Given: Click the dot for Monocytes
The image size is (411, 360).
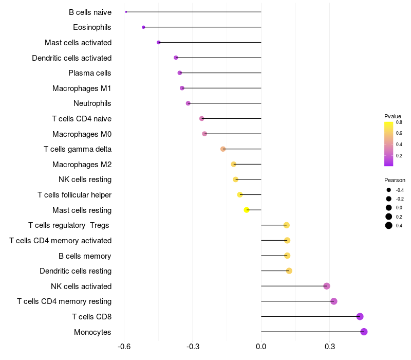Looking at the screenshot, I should pos(364,332).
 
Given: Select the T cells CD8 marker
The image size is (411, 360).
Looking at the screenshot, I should pos(360,316).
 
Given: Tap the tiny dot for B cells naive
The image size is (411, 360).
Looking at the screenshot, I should pos(126,12).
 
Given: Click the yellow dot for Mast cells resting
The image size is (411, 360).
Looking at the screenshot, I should pos(247,210).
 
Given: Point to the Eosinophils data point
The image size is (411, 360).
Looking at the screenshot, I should pos(143,27).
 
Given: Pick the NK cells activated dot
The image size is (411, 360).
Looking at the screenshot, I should pos(327,286).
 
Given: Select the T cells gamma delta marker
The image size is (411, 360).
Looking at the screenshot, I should pos(223,149).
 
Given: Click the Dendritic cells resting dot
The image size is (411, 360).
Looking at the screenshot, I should pos(289,271).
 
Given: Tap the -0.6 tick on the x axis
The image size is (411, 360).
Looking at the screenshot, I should pos(124,346).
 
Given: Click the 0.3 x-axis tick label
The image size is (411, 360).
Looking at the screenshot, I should pos(330,346).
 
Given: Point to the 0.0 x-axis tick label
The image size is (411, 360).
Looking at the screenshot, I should pos(261,346).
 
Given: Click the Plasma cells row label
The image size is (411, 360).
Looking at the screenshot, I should pos(90,73).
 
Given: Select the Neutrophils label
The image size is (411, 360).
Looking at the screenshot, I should pos(92,103).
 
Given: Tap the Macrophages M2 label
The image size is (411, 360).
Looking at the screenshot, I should pos(82,165).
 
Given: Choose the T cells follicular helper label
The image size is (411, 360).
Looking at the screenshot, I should pos(74,195).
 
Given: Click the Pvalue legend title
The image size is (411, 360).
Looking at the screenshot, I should pos(393,116).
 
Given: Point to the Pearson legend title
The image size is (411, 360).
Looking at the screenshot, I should pos(395,180).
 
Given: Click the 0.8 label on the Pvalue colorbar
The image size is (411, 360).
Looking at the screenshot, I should pos(399,122).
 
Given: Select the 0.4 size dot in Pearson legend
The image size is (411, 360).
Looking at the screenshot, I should pos(389,225).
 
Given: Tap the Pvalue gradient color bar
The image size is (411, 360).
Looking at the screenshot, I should pos(389,144).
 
